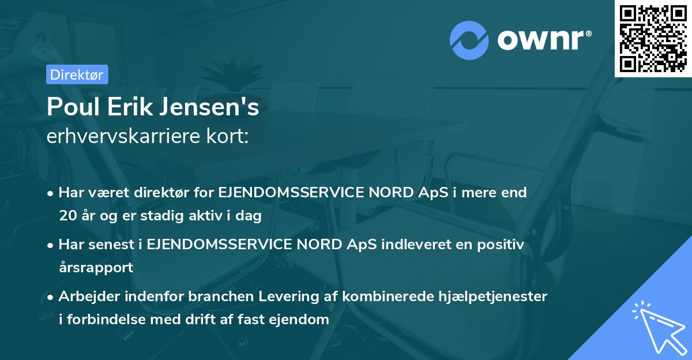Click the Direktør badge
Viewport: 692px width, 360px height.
coord(77,74)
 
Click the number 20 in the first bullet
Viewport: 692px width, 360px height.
coord(66,216)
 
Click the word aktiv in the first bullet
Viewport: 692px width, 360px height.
coord(205,216)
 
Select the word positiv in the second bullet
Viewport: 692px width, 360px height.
coord(502,244)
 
